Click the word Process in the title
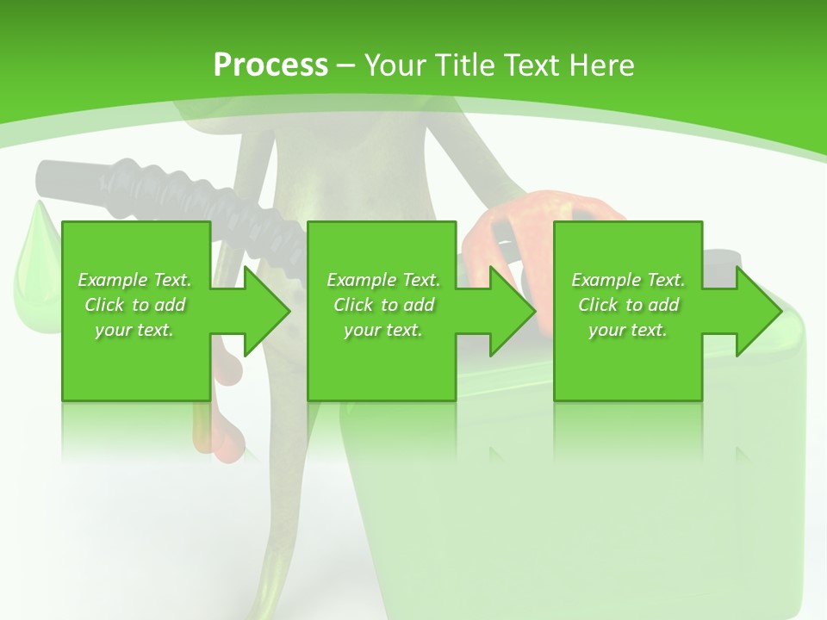click(x=270, y=65)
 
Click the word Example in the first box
click(x=112, y=280)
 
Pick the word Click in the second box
click(x=351, y=305)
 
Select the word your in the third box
click(x=607, y=330)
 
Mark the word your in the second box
click(x=363, y=330)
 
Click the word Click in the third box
click(x=596, y=305)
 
